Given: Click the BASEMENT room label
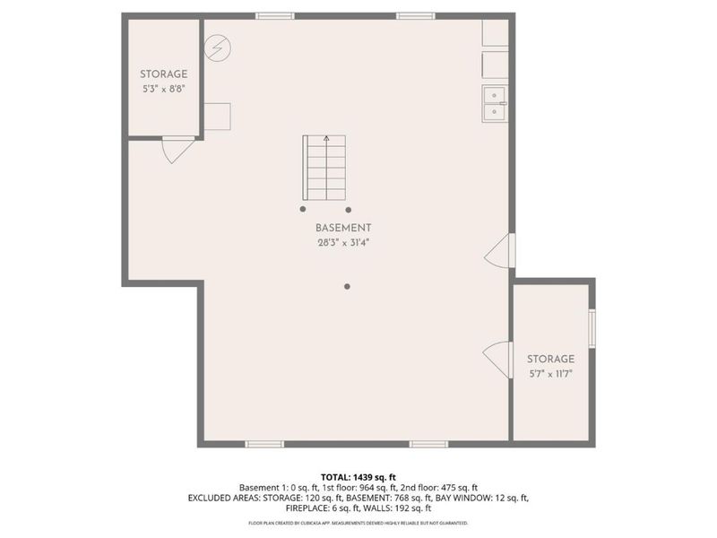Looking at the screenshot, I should [x=343, y=229].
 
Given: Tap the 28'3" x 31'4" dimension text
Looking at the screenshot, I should [x=343, y=242].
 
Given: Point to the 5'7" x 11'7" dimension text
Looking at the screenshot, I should [x=550, y=372].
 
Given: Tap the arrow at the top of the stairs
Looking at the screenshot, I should [x=326, y=140].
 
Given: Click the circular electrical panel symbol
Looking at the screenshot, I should [x=216, y=48].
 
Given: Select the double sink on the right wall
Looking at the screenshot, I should [x=495, y=103].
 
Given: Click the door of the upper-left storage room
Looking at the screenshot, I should [x=177, y=149].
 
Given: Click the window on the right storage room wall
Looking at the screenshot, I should [x=592, y=327].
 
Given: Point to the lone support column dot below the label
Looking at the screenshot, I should [x=347, y=287].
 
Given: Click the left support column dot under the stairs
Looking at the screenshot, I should [x=302, y=209].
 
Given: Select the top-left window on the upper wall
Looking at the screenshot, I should [x=274, y=15].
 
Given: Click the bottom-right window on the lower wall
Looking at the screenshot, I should [x=429, y=444].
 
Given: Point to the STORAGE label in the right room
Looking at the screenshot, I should [x=550, y=359].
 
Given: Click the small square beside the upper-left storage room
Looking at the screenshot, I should [x=217, y=116].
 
